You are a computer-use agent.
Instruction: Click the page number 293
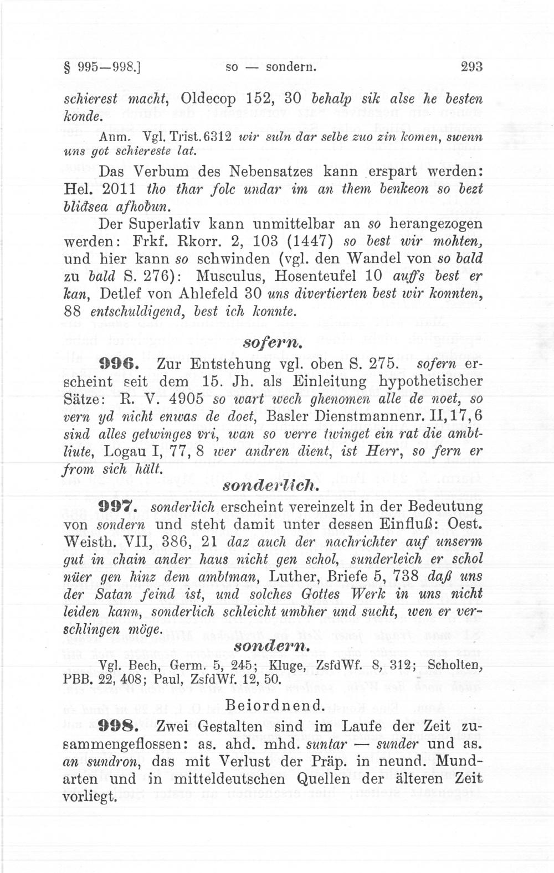[472, 67]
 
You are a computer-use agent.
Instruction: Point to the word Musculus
[232, 276]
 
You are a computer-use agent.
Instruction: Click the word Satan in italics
[122, 595]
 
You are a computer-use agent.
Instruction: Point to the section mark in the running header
[69, 68]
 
